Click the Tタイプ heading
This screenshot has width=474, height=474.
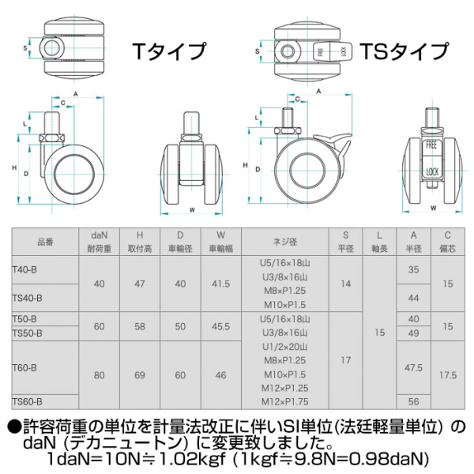point(168,52)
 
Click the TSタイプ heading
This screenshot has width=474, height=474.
point(404,52)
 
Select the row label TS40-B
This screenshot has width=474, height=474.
point(28,298)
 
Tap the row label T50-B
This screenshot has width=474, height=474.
point(26,318)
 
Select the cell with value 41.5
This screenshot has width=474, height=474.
point(220,283)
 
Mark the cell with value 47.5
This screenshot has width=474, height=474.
point(413,367)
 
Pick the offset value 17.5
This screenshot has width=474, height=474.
point(448,375)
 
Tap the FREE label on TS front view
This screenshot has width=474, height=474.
point(431,146)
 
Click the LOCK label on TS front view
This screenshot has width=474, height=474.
point(431,171)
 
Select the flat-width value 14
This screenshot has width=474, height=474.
point(345,283)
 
